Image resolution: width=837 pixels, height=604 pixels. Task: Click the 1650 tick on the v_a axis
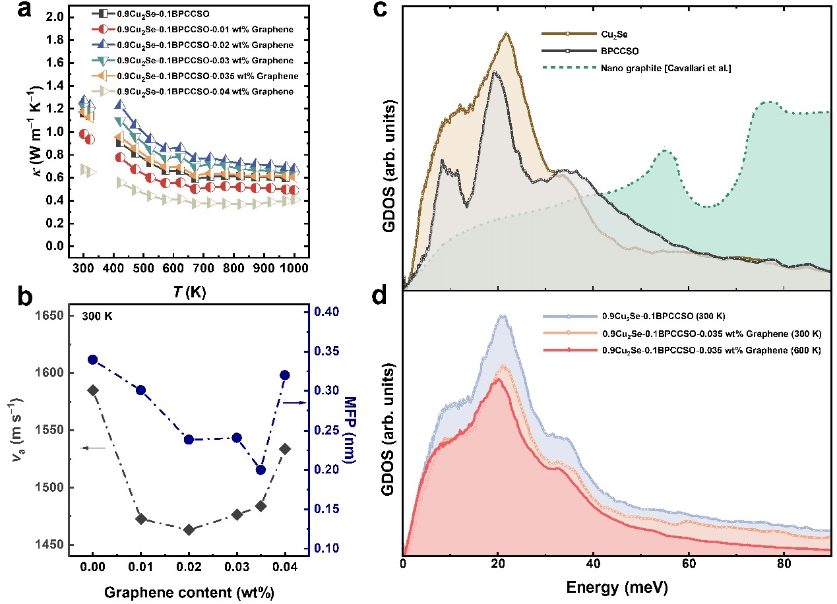51,316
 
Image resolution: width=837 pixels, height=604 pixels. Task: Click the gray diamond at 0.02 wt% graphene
189,529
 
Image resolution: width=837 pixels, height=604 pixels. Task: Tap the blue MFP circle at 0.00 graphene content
93,359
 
